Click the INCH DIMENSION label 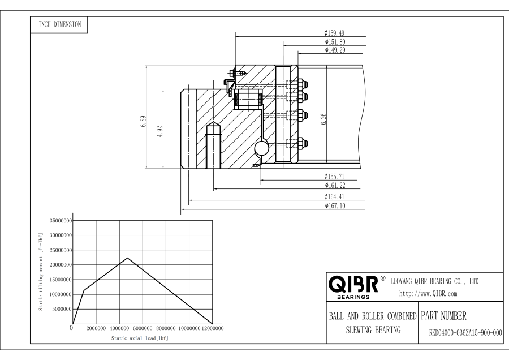coord(59,24)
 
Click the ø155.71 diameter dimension coord(335,176)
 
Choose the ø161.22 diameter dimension coord(335,185)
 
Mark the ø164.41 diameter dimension coord(335,196)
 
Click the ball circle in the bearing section coord(262,149)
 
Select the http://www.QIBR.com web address coord(428,293)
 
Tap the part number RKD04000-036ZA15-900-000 coord(460,333)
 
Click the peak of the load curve coord(127,258)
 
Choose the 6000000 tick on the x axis coord(143,328)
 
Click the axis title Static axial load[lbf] coord(140,338)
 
